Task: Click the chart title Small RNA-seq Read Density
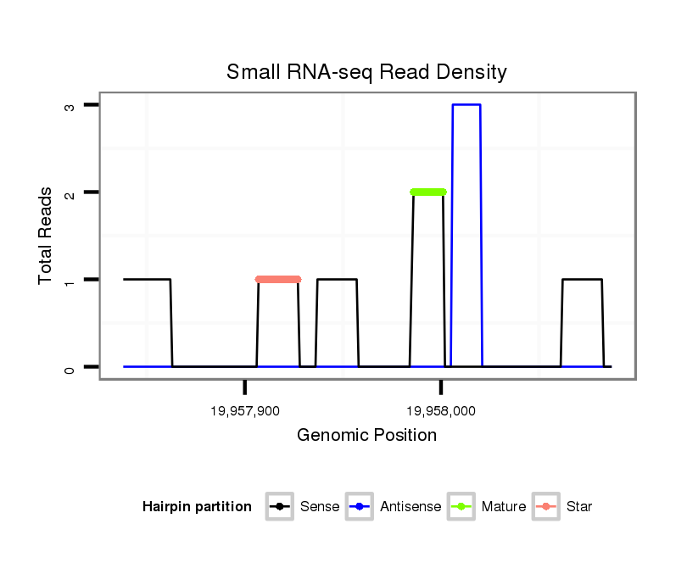point(366,72)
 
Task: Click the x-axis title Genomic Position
point(366,436)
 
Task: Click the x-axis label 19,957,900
point(244,411)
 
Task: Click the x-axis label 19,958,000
point(440,411)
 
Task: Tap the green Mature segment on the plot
point(428,192)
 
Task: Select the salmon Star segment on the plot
point(278,279)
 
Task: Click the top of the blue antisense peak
point(466,105)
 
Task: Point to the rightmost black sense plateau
point(582,279)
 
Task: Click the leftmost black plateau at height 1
point(147,279)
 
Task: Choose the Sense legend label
point(320,507)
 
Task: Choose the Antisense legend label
point(411,507)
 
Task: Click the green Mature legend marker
point(462,507)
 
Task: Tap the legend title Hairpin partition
point(197,507)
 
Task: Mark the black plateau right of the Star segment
point(337,279)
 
